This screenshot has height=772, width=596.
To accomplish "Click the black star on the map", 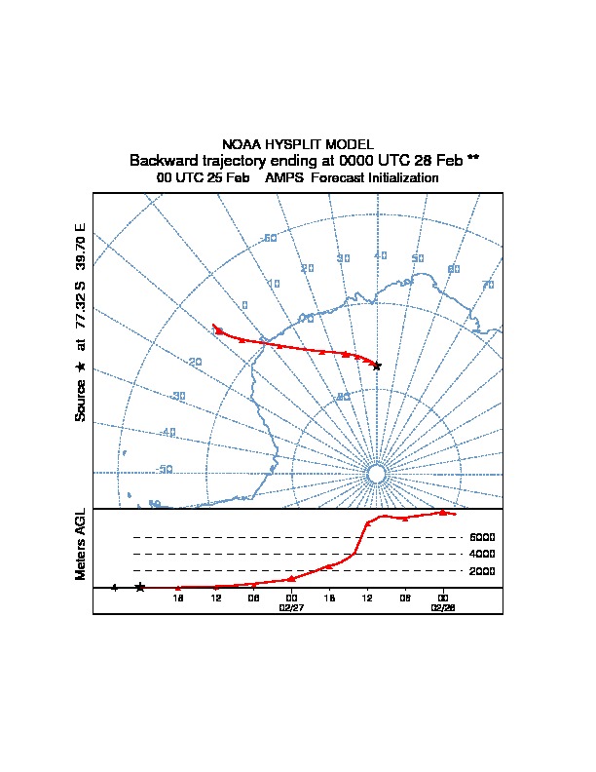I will [377, 366].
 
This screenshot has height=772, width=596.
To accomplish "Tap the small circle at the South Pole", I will [377, 474].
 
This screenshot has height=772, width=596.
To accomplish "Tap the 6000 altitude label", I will [482, 537].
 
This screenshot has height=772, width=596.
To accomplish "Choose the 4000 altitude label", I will [482, 554].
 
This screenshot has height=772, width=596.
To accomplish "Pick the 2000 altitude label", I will [482, 571].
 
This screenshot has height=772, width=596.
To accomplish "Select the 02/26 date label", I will [443, 606].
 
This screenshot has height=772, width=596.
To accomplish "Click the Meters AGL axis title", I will [81, 544].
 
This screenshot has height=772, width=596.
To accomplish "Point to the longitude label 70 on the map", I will [488, 285].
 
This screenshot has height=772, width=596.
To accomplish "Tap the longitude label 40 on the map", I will [380, 255].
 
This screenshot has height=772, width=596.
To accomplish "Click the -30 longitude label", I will [177, 396].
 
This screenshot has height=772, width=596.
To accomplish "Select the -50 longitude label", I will [165, 469].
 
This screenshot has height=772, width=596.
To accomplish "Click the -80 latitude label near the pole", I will [343, 397].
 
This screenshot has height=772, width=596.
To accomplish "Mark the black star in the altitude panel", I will [140, 587].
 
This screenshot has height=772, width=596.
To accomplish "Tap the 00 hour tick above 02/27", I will [291, 597].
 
